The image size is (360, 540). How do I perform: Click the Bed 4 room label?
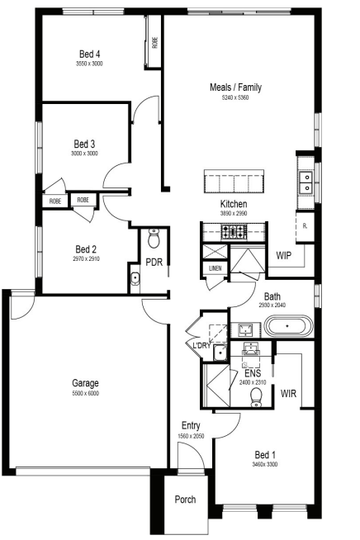pos(89,54)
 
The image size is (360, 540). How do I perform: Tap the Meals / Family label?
pos(235,88)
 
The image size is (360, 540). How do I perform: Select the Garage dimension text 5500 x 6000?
pos(85,393)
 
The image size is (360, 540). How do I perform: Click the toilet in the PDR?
pos(154,238)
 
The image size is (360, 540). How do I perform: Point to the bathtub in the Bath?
pos(289,326)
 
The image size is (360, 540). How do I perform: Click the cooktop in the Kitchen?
pos(234,231)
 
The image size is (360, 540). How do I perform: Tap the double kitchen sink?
pos(306,182)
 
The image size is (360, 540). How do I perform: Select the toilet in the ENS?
pos(256,397)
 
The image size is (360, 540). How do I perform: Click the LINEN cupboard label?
pos(216,268)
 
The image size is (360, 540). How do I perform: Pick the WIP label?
pos(283,255)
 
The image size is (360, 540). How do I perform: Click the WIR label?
pos(288,393)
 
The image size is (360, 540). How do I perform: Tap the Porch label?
pos(185,499)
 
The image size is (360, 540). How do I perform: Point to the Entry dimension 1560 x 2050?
pos(191,436)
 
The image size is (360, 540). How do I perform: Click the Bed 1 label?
pos(265,455)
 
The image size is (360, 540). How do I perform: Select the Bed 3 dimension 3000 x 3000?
pos(84,154)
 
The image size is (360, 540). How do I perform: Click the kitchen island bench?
pos(234,182)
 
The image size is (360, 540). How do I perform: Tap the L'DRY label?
pos(201,345)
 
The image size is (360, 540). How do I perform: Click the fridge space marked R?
pos(305,227)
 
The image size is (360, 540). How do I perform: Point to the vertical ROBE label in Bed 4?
pos(154,42)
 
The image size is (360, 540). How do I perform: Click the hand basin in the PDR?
pos(135,278)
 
